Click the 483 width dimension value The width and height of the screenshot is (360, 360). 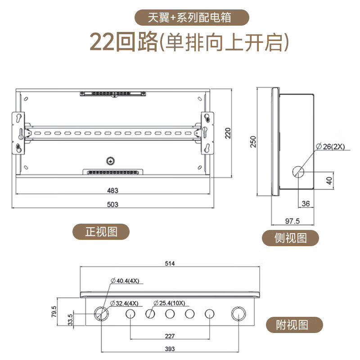112,190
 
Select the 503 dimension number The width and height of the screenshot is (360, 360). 112,204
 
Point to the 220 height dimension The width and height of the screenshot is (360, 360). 228,133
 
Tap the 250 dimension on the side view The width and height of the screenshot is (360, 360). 253,142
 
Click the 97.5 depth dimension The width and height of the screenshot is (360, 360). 292,220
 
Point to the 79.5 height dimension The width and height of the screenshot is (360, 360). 54,311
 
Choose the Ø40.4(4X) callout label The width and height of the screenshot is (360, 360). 125,281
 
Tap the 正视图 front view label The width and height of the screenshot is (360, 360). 101,232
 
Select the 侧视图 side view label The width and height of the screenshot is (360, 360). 291,238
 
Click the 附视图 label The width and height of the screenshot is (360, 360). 292,324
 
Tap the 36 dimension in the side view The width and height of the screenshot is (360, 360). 306,204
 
